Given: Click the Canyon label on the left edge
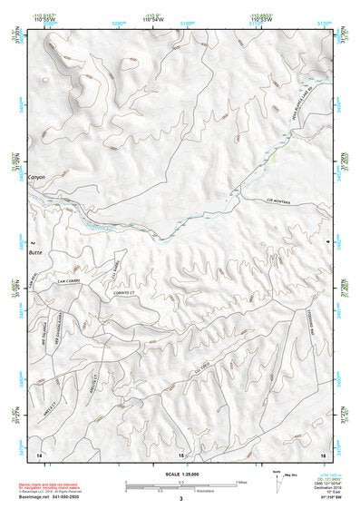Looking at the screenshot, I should point(36,176).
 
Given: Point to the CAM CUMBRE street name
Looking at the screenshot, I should point(71,279).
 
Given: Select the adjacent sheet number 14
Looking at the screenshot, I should point(38,452).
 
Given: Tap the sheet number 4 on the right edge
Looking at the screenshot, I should point(326,243).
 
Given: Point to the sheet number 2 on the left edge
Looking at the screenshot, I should point(32,243).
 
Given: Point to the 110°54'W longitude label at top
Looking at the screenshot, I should point(151,19).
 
